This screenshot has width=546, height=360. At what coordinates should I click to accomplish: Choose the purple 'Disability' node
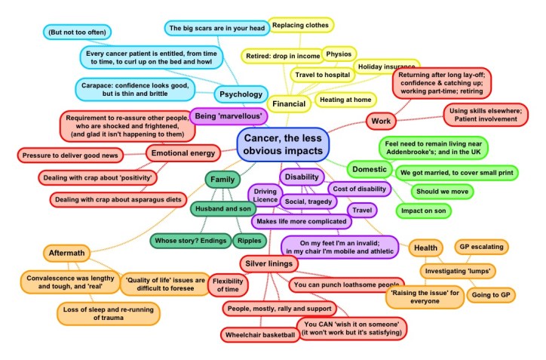(302, 177)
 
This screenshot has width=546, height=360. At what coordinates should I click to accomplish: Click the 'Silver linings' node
(271, 263)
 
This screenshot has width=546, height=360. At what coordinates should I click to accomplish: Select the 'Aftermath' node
(68, 253)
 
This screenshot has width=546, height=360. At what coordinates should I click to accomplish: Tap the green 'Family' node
(222, 180)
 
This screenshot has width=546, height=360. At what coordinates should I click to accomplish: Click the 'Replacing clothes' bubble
(301, 25)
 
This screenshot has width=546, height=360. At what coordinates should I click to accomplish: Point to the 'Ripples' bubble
(250, 241)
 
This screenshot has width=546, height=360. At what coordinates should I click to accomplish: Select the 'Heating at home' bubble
(345, 99)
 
